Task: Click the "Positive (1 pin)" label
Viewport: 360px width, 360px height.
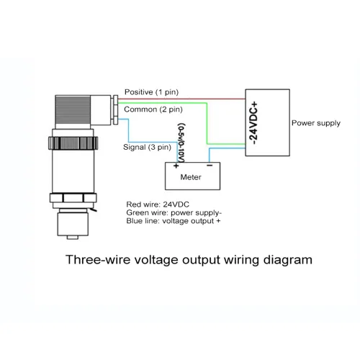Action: click(151, 92)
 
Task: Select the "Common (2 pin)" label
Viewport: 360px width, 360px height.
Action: click(153, 109)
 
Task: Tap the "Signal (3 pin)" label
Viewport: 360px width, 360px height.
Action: click(147, 147)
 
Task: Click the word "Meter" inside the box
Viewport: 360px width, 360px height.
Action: click(191, 177)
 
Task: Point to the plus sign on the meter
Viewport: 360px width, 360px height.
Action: click(176, 166)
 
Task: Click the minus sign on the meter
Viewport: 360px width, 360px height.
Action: click(210, 166)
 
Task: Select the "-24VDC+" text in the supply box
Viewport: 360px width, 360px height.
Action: click(253, 123)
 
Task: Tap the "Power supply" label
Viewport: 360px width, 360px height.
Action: click(316, 123)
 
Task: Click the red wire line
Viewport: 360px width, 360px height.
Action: click(181, 99)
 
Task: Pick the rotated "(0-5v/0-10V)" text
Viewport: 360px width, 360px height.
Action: click(181, 143)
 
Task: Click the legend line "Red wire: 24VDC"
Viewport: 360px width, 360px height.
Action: click(158, 204)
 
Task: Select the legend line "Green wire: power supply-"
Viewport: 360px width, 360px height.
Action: click(174, 213)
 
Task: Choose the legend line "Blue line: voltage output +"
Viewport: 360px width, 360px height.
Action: click(174, 221)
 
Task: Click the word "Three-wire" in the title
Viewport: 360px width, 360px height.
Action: click(98, 260)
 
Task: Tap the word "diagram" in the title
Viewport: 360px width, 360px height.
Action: click(287, 260)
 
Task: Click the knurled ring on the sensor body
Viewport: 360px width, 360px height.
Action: click(73, 143)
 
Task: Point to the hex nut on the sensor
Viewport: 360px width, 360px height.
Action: click(73, 198)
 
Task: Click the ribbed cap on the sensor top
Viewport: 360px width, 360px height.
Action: click(73, 112)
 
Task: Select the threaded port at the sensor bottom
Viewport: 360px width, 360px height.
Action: click(73, 223)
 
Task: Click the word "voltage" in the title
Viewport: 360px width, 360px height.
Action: click(156, 260)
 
